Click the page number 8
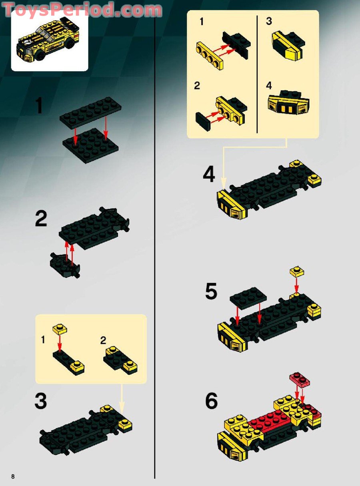[x=13, y=476]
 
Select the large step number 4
[x=209, y=175]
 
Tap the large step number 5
[x=211, y=292]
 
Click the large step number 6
[x=211, y=401]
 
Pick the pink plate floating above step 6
[x=300, y=379]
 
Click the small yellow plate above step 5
[x=296, y=271]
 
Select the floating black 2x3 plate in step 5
[x=248, y=295]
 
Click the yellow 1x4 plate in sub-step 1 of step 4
[x=209, y=55]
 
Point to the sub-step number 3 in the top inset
[x=269, y=22]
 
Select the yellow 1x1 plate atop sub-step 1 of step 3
[x=60, y=329]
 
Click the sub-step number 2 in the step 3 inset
[x=103, y=341]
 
